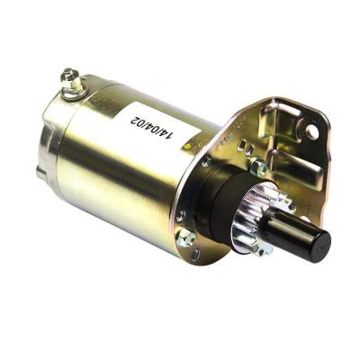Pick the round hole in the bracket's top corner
click(x=311, y=132)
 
